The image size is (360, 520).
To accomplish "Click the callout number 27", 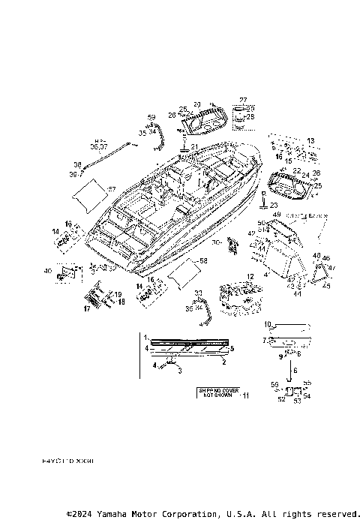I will [243, 100].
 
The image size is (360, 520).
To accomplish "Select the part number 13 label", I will [310, 140].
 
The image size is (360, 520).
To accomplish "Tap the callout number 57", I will [112, 188].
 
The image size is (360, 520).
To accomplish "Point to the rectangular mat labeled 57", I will [91, 194].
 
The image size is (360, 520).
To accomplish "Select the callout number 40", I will [49, 270].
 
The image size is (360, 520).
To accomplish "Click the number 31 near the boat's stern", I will [193, 146].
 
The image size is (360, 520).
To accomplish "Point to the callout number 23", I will [273, 204].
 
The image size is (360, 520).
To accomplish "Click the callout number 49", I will [277, 215].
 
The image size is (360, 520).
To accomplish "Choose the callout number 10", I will [268, 323].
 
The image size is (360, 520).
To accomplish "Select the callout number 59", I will [151, 117].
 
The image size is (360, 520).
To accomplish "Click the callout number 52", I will [281, 400].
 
